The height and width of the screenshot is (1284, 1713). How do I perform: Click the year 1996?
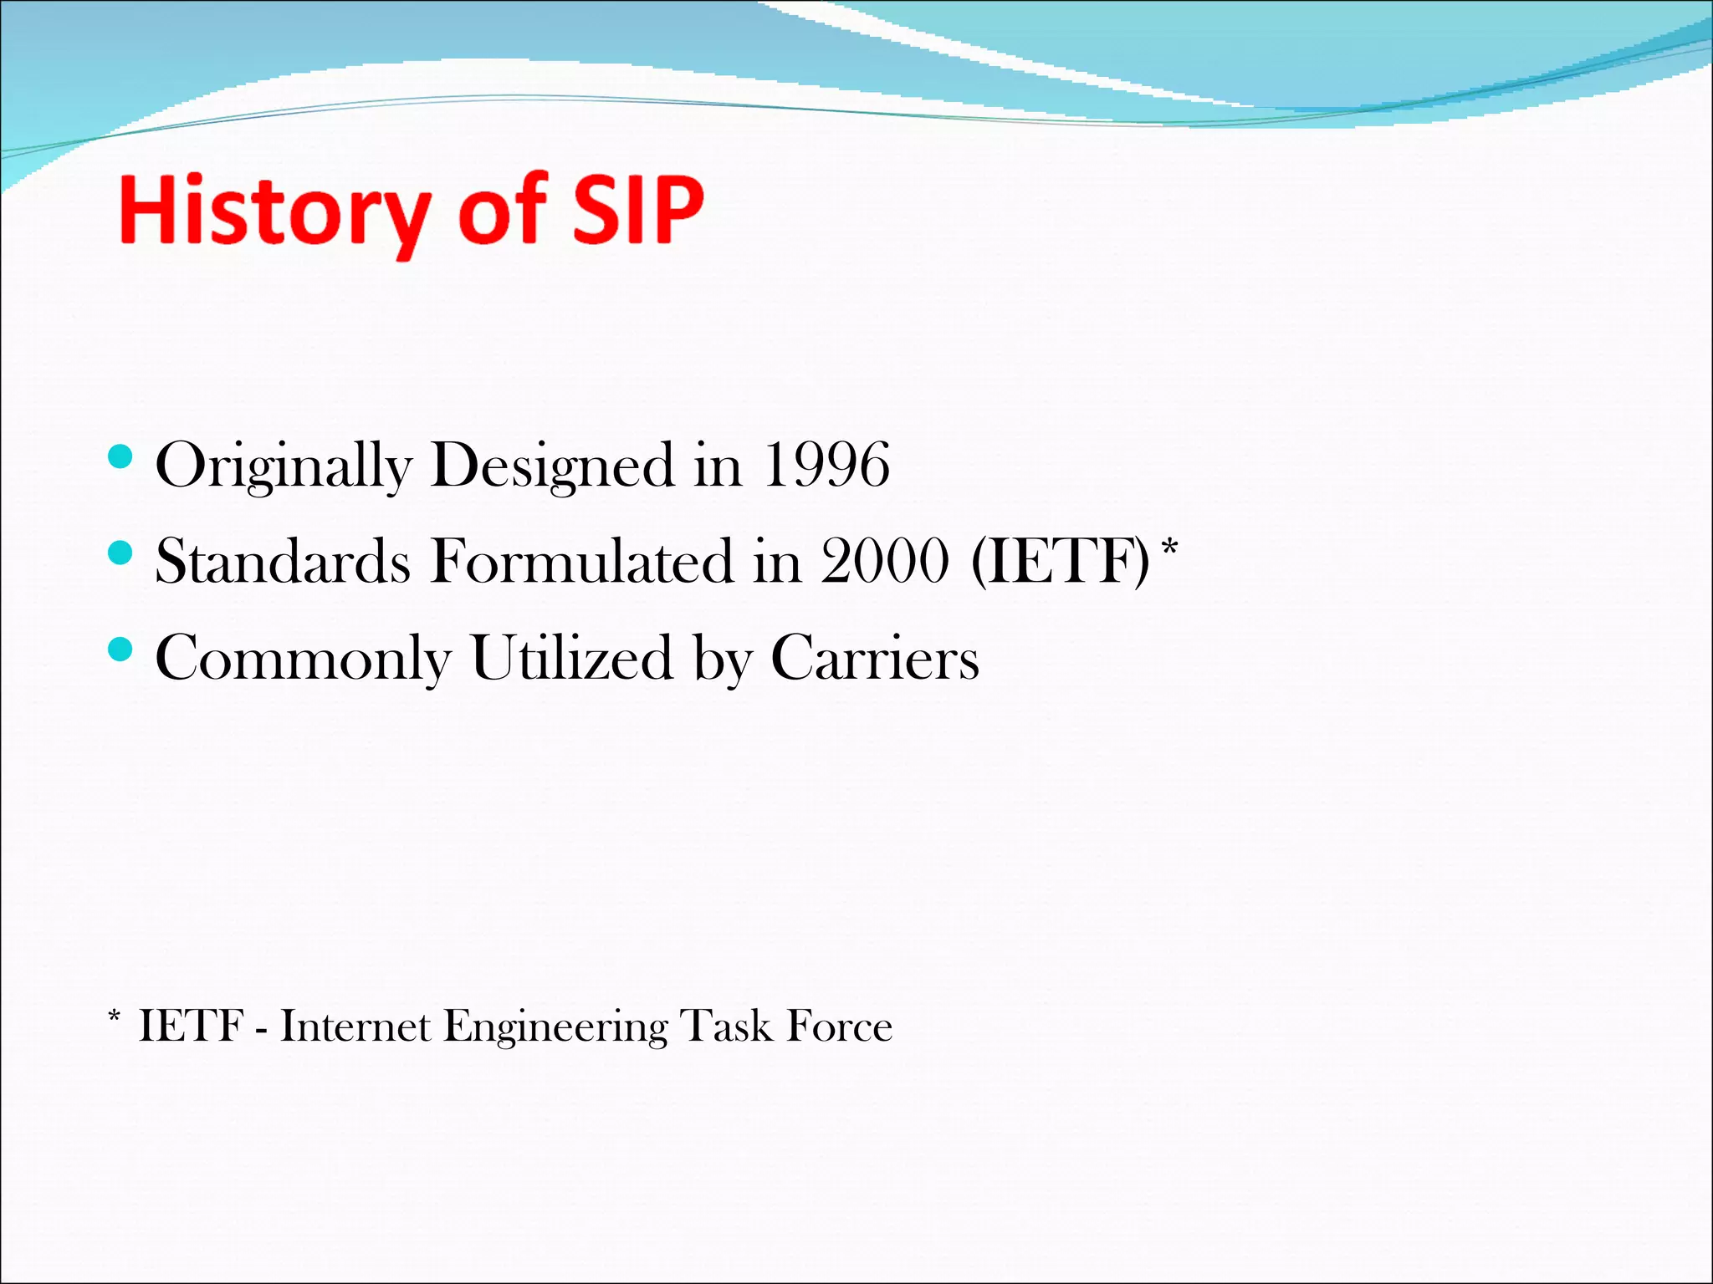click(826, 465)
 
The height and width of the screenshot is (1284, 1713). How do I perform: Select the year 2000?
click(885, 561)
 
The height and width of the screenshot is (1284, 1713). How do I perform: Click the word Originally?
click(284, 466)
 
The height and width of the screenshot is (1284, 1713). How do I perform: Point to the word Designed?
click(553, 466)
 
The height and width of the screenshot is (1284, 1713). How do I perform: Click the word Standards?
click(283, 561)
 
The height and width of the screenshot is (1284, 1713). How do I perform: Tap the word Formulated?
click(581, 561)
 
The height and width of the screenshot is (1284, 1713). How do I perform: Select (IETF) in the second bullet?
click(1061, 561)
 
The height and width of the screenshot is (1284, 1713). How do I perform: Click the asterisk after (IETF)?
click(1170, 548)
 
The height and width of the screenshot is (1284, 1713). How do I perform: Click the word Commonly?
click(303, 659)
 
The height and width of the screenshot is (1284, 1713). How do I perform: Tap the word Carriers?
click(874, 657)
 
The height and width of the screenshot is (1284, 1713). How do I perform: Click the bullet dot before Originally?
click(121, 456)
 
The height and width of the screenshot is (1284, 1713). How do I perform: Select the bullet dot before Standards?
click(121, 553)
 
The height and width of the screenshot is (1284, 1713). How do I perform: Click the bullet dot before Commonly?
click(121, 649)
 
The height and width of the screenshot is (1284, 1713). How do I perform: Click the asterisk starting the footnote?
click(115, 1017)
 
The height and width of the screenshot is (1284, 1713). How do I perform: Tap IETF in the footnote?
click(192, 1027)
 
